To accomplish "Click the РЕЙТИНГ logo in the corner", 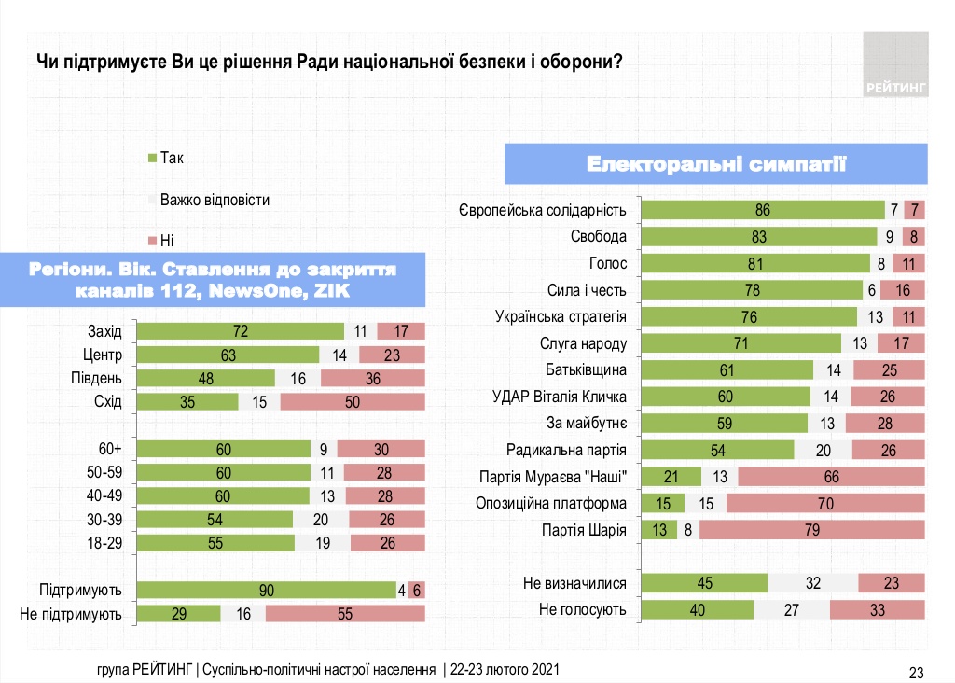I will click(x=895, y=63).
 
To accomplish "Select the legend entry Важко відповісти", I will click(x=215, y=200).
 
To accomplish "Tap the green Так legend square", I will click(x=153, y=158).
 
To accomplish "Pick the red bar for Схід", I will click(x=353, y=402).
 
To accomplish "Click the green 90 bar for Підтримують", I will click(x=266, y=590).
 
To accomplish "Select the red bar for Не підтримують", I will click(x=345, y=613).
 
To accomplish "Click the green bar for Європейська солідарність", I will click(x=764, y=210).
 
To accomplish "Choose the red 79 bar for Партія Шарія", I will click(x=811, y=530).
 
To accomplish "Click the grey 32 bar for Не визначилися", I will click(x=812, y=584).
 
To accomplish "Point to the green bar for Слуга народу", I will click(x=742, y=343).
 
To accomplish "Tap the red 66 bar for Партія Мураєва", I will click(x=831, y=477).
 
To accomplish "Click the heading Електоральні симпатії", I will click(x=716, y=164).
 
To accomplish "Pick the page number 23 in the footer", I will click(x=916, y=672).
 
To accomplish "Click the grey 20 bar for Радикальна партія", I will click(x=823, y=451).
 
